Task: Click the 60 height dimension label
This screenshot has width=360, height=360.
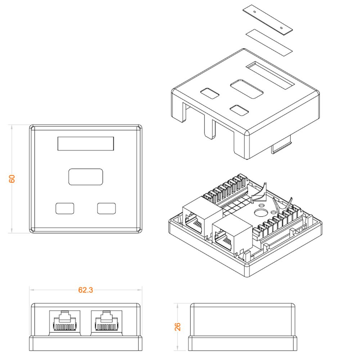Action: click(12, 179)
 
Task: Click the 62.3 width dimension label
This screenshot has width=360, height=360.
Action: click(85, 290)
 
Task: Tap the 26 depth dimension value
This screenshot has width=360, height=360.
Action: click(177, 327)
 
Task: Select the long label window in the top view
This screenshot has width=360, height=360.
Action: click(86, 144)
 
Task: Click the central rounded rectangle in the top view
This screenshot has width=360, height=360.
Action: click(86, 177)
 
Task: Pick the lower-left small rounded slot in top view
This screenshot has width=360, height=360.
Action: click(65, 208)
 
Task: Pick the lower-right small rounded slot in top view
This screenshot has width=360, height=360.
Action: click(106, 208)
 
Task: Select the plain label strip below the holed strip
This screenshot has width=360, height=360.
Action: click(269, 42)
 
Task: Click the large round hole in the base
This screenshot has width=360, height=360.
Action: click(260, 213)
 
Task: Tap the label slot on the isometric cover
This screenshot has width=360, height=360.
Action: click(270, 75)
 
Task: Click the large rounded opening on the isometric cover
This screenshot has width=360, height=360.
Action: click(247, 89)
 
